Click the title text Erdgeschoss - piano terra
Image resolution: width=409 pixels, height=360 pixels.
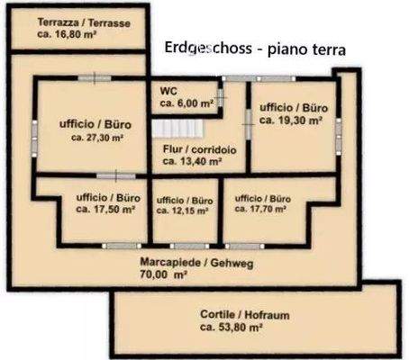(x=255, y=49)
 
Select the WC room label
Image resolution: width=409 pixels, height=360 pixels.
(x=168, y=91)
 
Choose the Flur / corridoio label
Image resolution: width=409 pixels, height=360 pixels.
(x=199, y=149)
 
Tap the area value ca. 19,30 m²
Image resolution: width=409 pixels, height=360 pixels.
(x=286, y=118)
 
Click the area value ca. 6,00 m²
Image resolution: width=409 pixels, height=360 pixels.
(x=187, y=103)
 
